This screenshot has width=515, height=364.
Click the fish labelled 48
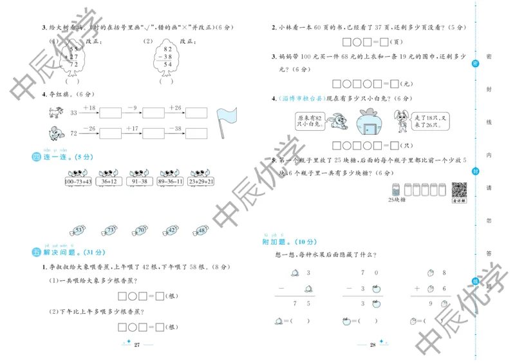point(201,230)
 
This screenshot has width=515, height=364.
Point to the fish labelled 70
point(139,230)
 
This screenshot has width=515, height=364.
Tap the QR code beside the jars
point(458,191)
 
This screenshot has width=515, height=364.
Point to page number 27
point(136,345)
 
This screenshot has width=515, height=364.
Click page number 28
point(371,345)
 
